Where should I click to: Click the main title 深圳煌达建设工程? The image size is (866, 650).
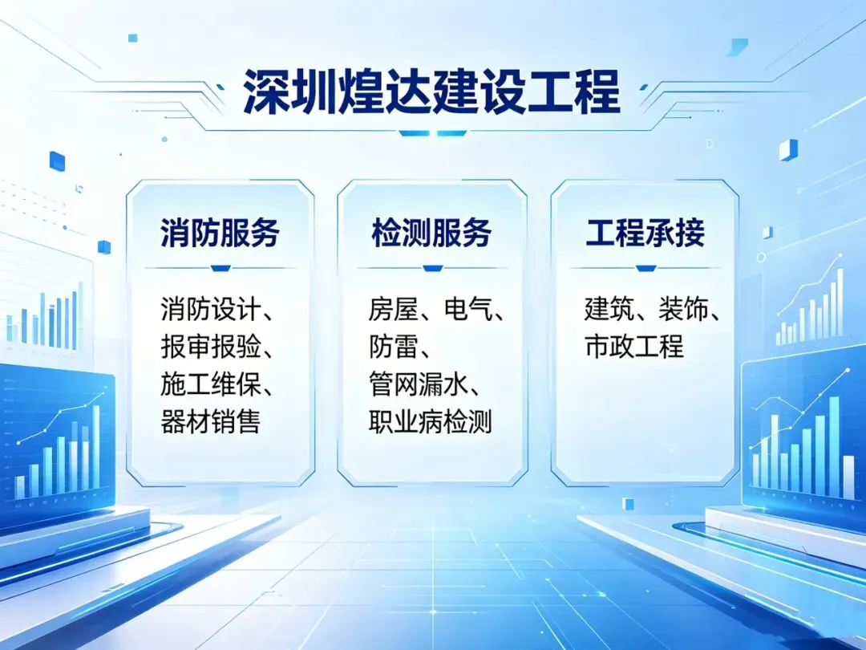tap(432, 91)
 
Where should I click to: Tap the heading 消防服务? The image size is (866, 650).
tap(220, 232)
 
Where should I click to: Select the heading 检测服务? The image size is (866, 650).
tap(431, 232)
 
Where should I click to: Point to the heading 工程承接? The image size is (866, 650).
tap(645, 232)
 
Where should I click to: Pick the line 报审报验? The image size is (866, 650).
tap(210, 347)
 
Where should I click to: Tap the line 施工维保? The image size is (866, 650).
tap(210, 384)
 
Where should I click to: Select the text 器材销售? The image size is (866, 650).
tap(210, 422)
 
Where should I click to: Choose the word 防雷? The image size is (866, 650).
tap(393, 347)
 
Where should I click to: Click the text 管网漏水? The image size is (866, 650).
tap(418, 384)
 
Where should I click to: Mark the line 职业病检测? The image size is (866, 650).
tap(431, 422)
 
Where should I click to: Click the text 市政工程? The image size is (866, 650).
tap(634, 347)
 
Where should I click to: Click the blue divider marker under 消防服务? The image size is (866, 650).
tap(221, 269)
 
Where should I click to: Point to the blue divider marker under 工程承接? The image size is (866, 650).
tap(645, 269)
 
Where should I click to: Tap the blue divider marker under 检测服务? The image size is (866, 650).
tap(432, 269)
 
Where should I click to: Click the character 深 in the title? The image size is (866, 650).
tap(266, 91)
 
